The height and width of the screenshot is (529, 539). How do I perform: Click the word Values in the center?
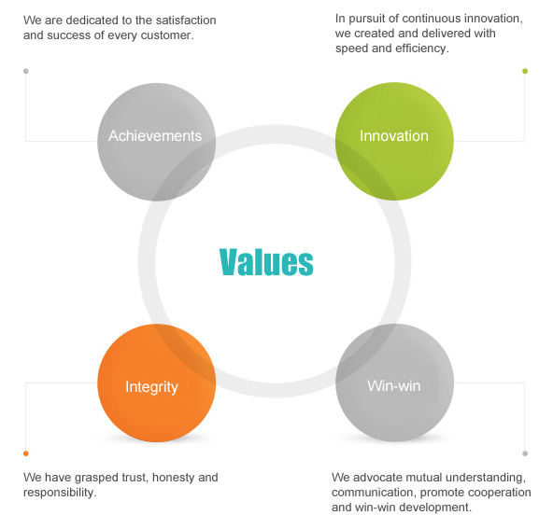pos(266,261)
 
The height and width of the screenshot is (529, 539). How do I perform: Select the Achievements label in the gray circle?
pos(155,136)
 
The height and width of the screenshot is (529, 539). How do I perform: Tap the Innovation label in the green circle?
pos(394,136)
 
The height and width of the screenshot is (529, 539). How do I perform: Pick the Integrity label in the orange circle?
pos(151,387)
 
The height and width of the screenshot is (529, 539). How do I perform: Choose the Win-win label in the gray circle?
pos(394,386)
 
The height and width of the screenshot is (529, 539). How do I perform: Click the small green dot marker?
pos(525,71)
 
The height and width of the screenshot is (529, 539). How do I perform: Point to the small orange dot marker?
pos(26,453)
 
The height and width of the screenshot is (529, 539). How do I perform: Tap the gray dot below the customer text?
pos(26,71)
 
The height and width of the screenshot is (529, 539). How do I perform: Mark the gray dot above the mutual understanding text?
pos(525,453)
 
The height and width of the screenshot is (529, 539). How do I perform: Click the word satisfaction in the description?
pos(186,21)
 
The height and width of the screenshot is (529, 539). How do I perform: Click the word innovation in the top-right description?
pos(493,19)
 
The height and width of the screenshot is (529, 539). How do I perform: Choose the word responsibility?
pos(59,493)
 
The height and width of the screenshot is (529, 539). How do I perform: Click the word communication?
pos(375,493)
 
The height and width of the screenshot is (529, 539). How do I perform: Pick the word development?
pos(435,508)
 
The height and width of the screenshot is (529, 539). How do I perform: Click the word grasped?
pos(96,478)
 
